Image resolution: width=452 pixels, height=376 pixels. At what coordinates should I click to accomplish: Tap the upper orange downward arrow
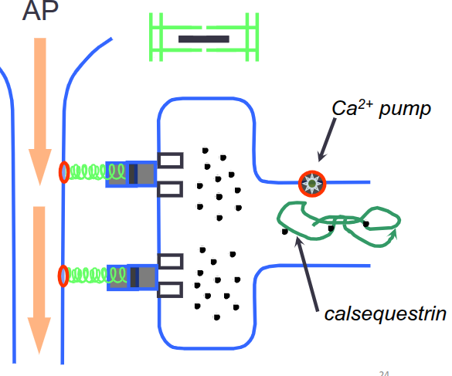[x=36, y=108]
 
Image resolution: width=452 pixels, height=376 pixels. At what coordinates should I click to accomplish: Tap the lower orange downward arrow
[x=36, y=278]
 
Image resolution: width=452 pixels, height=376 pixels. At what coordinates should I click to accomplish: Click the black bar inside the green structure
[x=203, y=38]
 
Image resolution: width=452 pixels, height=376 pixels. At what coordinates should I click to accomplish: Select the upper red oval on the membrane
[x=63, y=172]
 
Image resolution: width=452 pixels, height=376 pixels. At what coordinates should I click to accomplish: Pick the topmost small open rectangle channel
[x=171, y=160]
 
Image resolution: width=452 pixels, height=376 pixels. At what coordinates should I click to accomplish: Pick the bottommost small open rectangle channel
[x=171, y=290]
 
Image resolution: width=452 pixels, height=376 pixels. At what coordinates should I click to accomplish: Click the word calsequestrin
[x=384, y=315]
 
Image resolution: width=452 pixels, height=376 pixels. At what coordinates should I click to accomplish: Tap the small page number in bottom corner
[x=384, y=372]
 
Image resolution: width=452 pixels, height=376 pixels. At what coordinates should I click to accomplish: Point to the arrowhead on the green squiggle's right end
[x=396, y=229]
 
